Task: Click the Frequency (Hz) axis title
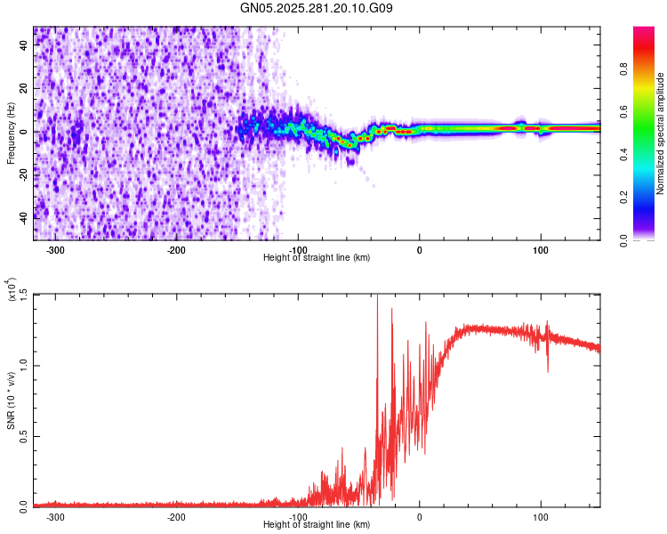11,133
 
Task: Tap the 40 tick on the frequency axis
23,46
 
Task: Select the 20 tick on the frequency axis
23,89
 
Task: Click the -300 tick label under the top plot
55,250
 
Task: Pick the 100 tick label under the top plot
540,250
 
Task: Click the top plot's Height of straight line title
317,258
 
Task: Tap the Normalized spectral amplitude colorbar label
661,133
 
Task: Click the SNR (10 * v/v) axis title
11,400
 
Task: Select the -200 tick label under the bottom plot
176,517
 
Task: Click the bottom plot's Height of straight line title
317,525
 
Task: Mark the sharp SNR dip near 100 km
547,369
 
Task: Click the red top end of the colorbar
644,32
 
